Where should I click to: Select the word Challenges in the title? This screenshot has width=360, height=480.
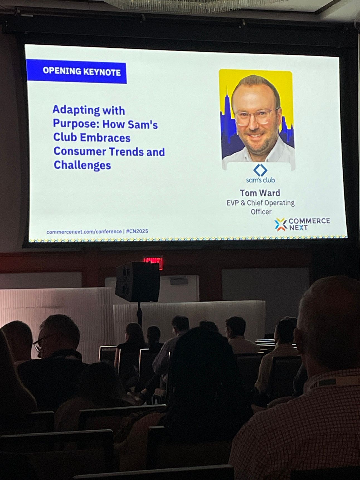click(x=82, y=165)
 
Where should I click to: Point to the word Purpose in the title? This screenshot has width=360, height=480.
click(x=76, y=124)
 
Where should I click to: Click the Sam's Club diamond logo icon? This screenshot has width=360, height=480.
click(x=260, y=170)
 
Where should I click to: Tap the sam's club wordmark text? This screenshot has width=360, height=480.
click(x=261, y=180)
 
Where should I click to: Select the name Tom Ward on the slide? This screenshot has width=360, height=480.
click(x=260, y=193)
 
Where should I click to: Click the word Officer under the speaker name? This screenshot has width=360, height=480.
click(x=261, y=212)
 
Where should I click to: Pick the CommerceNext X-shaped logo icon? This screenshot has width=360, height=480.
click(x=281, y=224)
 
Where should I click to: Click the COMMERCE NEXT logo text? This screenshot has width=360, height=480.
click(x=309, y=224)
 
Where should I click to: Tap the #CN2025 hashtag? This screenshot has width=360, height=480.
click(x=137, y=231)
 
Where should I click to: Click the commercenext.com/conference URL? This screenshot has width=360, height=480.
click(x=84, y=232)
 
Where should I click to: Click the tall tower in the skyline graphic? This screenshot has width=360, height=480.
click(x=227, y=111)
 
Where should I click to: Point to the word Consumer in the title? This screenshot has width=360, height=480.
click(x=80, y=151)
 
